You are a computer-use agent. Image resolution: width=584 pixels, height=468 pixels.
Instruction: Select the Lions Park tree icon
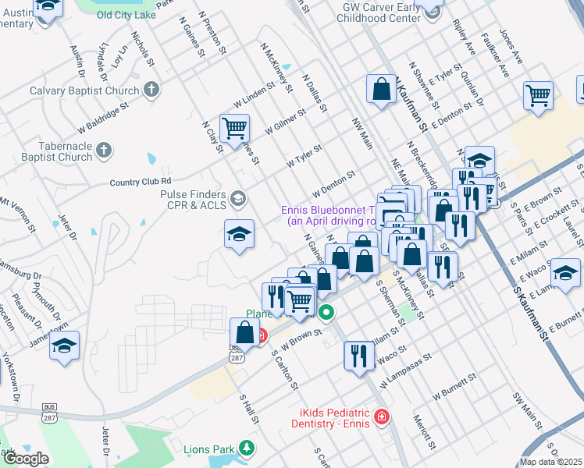[247, 448]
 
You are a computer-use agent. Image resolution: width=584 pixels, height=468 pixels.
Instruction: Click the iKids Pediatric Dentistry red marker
[380, 417]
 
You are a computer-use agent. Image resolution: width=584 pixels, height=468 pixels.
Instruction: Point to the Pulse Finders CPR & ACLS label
[193, 200]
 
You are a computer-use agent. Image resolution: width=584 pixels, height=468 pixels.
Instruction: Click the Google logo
[25, 459]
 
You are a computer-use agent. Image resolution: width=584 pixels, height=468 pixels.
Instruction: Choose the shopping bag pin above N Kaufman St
[382, 89]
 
